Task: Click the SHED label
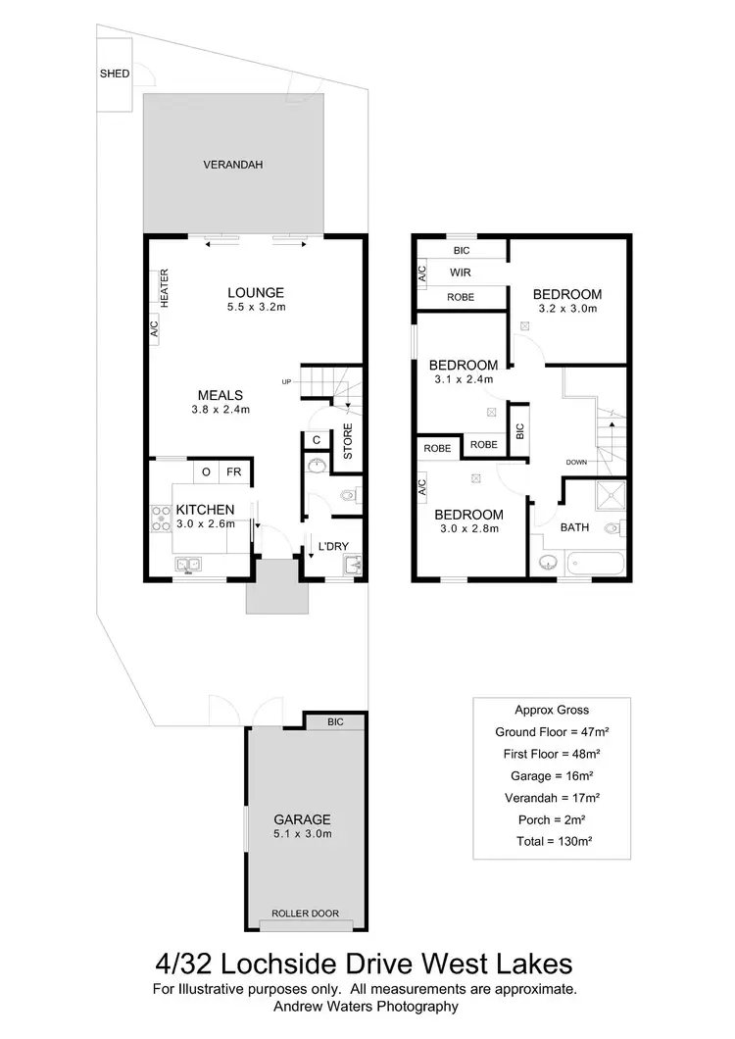[x=115, y=74]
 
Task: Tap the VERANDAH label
[x=233, y=165]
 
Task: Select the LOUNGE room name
[x=256, y=292]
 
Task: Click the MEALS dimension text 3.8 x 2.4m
[x=220, y=410]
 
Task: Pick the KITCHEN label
[x=205, y=510]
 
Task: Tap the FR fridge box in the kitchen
[x=235, y=471]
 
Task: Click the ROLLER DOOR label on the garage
[x=307, y=914]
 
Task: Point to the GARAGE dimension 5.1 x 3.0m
[x=303, y=834]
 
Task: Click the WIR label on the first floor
[x=462, y=273]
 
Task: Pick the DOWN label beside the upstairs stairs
[x=576, y=461]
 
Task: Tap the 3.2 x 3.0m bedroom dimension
[x=567, y=309]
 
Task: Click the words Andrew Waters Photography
[x=367, y=1006]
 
